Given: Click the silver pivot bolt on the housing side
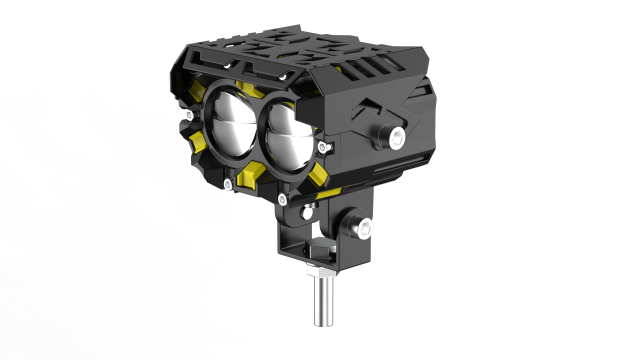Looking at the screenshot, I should (397, 136).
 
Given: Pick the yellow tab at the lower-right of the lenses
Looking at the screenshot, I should (318, 180).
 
